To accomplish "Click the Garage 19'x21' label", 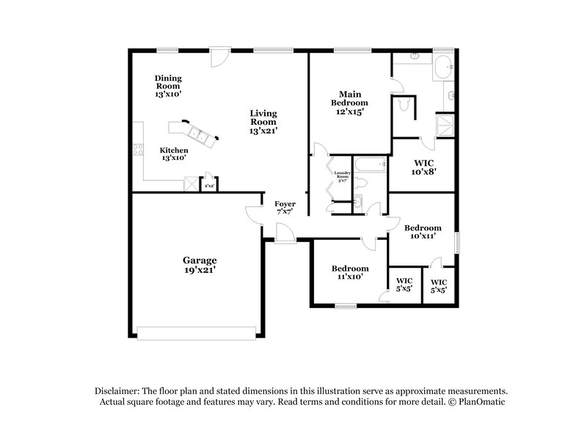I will click(199, 265).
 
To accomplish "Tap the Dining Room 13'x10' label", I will click(168, 86).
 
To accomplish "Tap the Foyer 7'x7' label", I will click(285, 207).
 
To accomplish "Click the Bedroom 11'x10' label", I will click(349, 273).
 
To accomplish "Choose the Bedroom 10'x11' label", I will click(422, 232).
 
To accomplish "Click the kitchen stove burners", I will click(137, 150).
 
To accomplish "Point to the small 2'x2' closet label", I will click(209, 186).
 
